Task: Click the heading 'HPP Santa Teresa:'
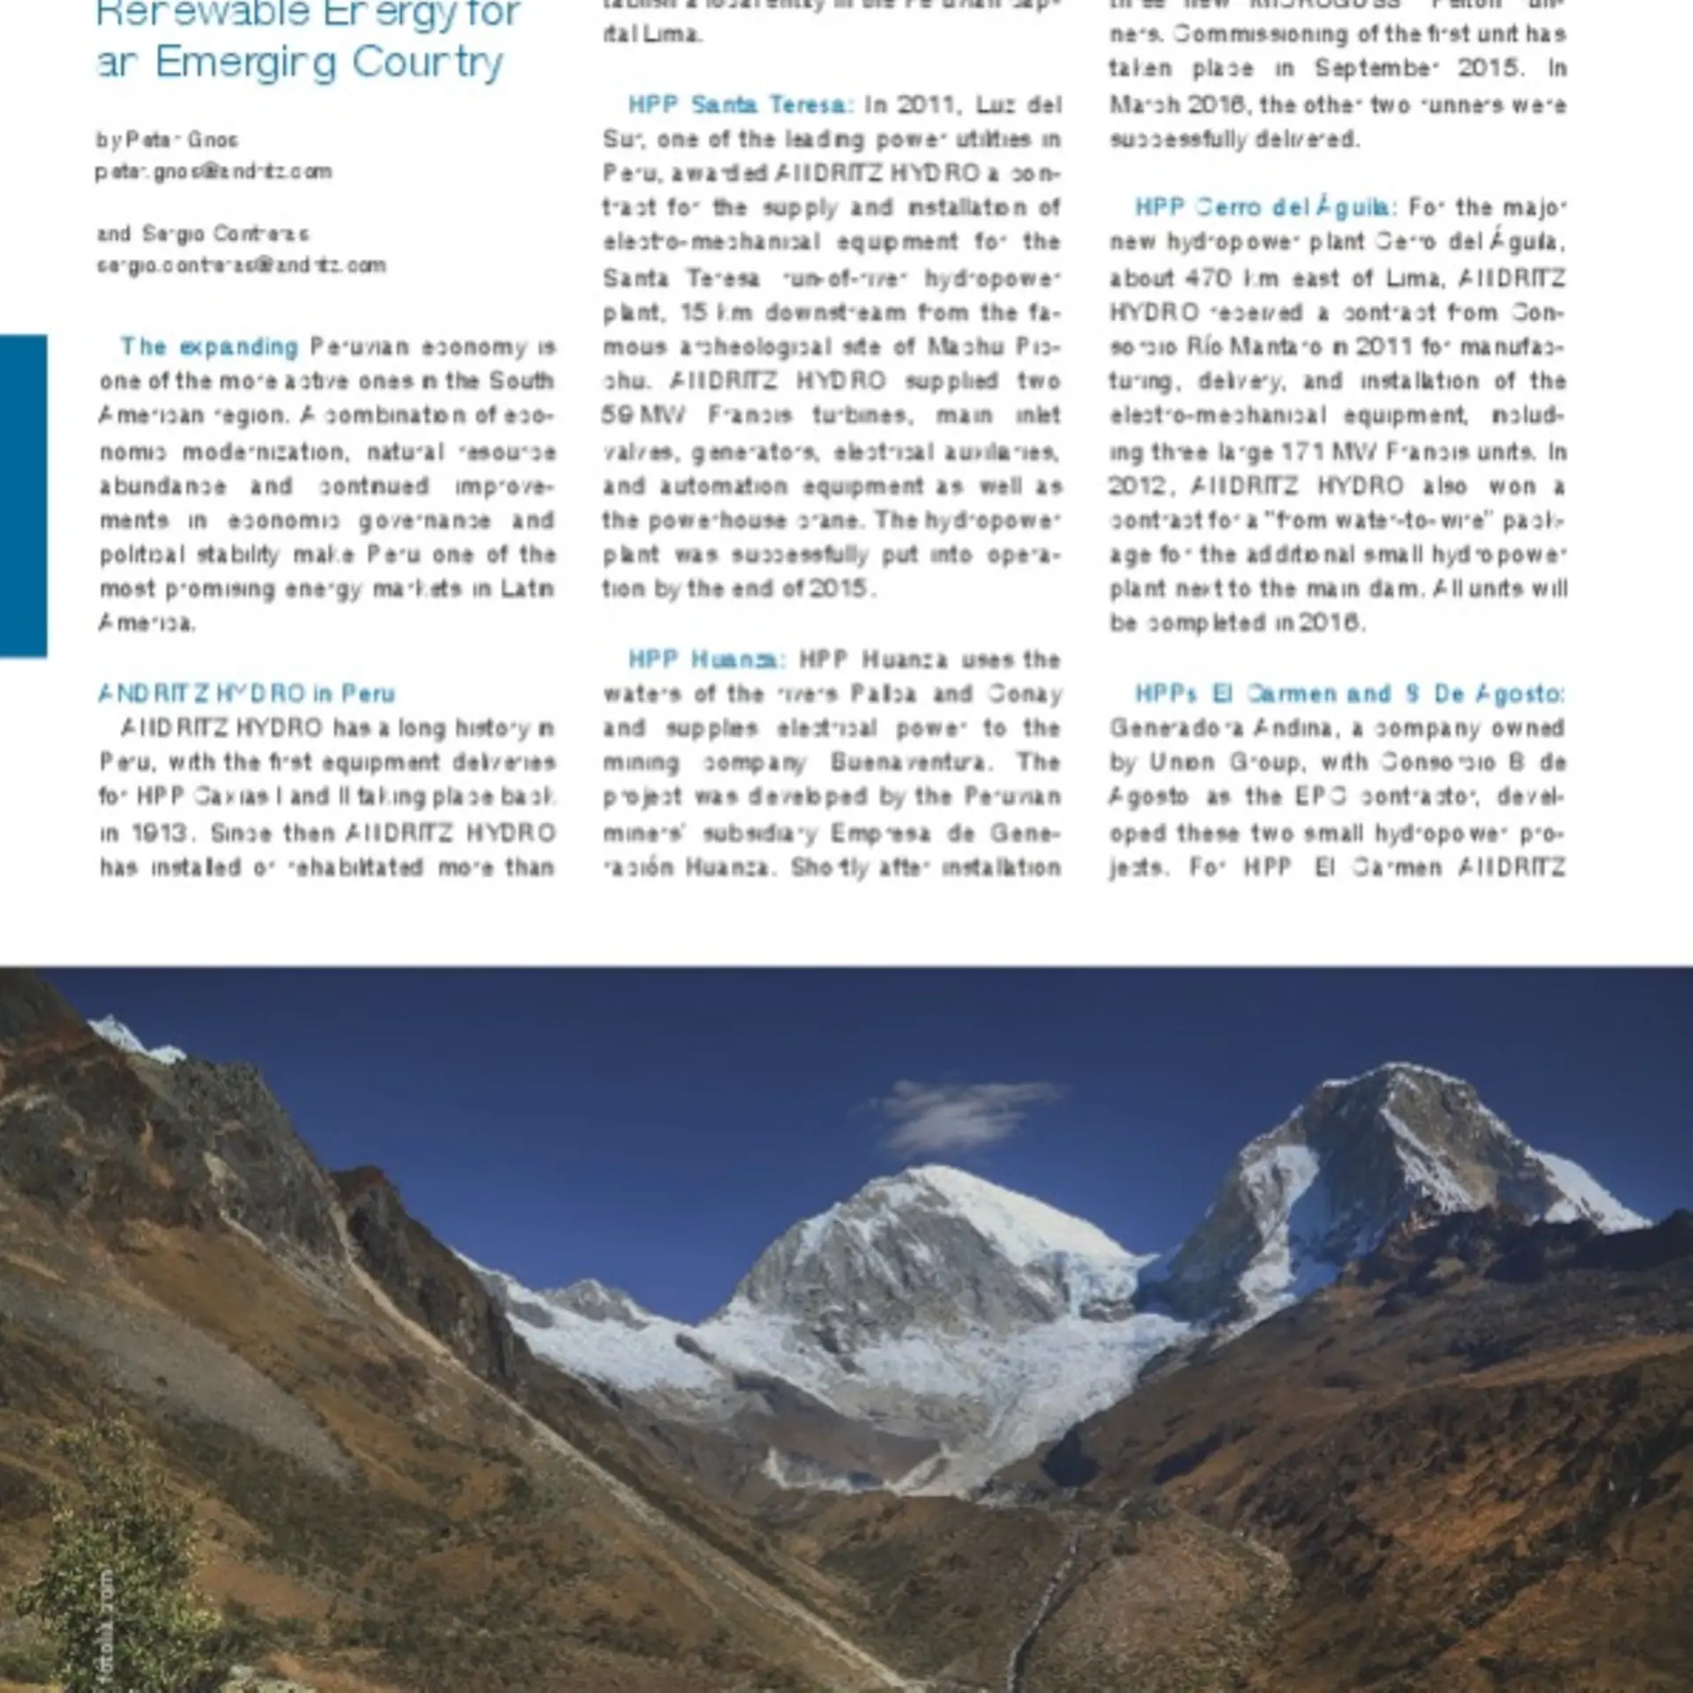click(x=740, y=105)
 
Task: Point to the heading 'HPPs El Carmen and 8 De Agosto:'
click(x=1348, y=694)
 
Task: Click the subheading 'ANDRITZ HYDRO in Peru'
click(x=247, y=694)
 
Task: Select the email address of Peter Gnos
click(x=213, y=172)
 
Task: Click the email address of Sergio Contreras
click(x=241, y=265)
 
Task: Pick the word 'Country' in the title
click(x=428, y=63)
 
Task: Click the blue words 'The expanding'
click(x=209, y=347)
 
